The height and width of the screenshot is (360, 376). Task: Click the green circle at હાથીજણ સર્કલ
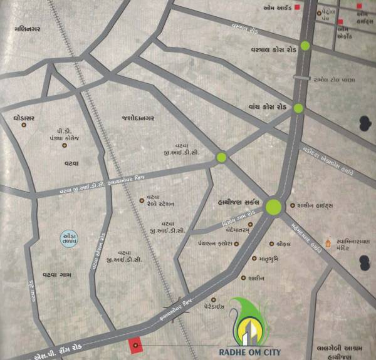coord(274,207)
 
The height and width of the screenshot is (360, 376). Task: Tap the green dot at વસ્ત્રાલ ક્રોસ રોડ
coord(305,45)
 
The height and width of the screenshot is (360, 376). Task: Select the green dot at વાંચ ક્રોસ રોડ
coord(298,108)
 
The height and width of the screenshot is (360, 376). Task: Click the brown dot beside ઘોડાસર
coord(24,125)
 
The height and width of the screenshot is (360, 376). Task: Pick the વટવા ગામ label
coord(40,273)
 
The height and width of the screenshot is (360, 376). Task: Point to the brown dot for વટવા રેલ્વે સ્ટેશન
coord(141,200)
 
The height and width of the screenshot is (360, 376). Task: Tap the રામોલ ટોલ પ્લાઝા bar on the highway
coord(302,78)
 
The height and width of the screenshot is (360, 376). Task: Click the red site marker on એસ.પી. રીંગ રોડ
coord(134,345)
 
